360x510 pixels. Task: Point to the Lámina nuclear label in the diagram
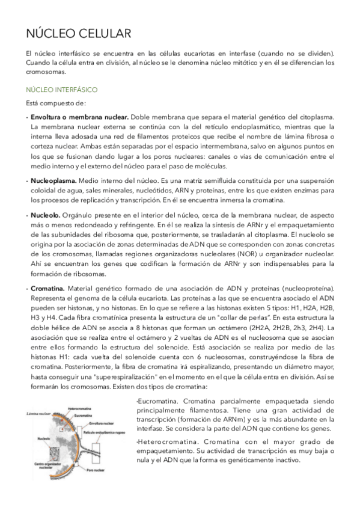tap(39, 413)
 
